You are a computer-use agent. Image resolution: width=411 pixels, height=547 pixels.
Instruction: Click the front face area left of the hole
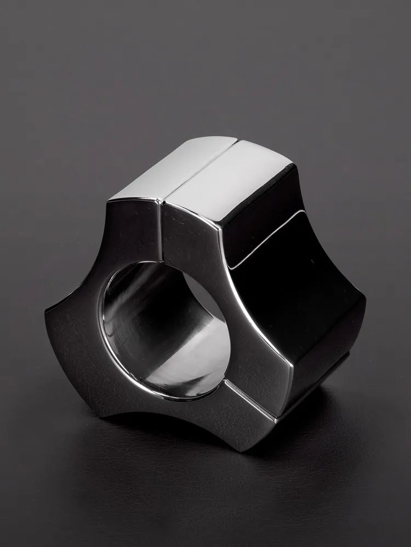tap(82, 328)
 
